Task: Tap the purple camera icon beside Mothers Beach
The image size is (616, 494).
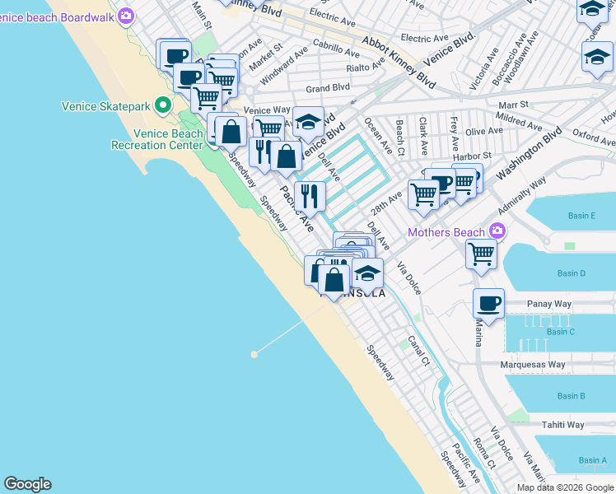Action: tap(497, 231)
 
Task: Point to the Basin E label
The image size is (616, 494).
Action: tap(581, 216)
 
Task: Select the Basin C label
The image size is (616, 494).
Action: tap(560, 332)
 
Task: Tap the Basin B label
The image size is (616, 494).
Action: tap(571, 396)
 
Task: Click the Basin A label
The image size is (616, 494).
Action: tap(592, 460)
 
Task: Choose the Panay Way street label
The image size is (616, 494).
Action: tap(549, 304)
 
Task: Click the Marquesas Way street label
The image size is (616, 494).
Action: tap(534, 364)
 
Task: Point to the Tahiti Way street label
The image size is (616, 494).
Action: tap(563, 425)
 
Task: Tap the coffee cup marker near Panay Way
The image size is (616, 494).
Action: tap(488, 303)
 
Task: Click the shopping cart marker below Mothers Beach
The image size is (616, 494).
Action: tap(481, 254)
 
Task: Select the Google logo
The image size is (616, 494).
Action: tap(28, 484)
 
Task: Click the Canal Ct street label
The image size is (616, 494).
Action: tap(418, 350)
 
